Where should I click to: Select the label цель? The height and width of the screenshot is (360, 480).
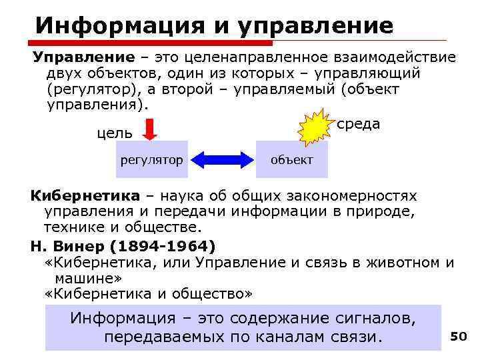pyautogui.click(x=115, y=133)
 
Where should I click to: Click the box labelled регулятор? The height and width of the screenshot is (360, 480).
pyautogui.click(x=151, y=160)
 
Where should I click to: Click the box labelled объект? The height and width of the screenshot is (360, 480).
pyautogui.click(x=292, y=160)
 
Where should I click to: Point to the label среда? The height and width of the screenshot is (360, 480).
pyautogui.click(x=359, y=124)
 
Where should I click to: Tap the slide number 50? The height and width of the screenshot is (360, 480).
pyautogui.click(x=458, y=337)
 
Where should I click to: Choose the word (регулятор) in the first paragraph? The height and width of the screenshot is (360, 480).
pyautogui.click(x=95, y=89)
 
